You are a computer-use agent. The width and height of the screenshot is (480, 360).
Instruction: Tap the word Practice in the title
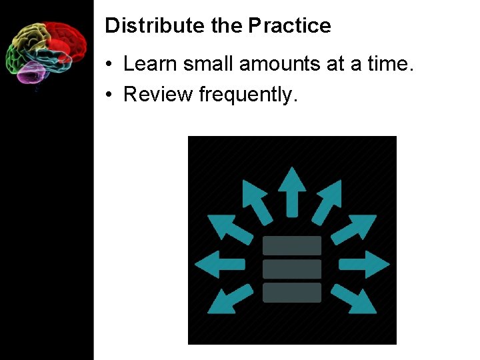pos(290,26)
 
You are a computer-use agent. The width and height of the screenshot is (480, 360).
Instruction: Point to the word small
pos(209,64)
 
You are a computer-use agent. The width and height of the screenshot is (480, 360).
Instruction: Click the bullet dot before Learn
pos(109,65)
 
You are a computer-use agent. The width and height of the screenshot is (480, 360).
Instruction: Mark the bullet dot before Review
pos(109,95)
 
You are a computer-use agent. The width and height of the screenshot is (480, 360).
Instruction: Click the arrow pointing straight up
pos(291,189)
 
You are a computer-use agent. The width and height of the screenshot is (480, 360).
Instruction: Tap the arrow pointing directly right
pos(365,265)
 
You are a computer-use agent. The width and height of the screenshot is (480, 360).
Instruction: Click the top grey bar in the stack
pos(292,246)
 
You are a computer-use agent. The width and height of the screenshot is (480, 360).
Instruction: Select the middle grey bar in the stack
pos(292,269)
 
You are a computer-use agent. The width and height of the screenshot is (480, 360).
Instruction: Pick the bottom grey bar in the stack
pos(292,292)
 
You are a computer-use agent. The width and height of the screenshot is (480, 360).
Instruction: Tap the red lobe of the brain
pos(67,39)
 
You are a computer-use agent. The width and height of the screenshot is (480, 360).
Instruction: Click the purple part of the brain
pos(31,72)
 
